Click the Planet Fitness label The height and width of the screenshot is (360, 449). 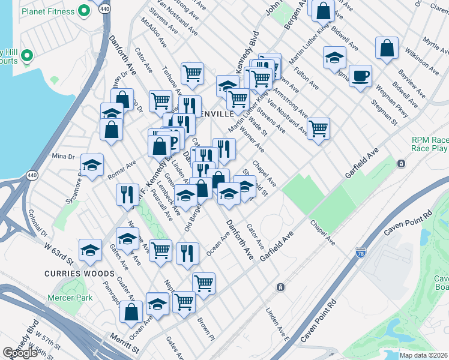[x=46, y=12]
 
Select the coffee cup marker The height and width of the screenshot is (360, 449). [x=360, y=76]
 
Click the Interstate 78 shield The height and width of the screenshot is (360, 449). [x=361, y=254]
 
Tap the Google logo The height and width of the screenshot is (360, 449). [x=20, y=353]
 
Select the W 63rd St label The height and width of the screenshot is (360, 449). [x=58, y=253]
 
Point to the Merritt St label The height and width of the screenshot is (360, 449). [x=124, y=344]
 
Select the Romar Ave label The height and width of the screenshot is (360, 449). [x=122, y=170]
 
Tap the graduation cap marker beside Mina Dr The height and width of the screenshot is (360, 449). [x=92, y=166]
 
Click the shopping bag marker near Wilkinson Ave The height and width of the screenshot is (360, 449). [x=387, y=48]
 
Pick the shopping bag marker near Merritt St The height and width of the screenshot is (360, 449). [x=131, y=312]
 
